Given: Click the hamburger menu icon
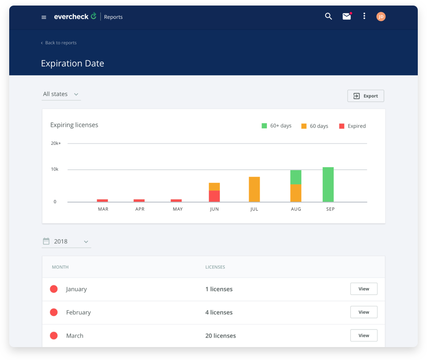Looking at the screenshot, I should (x=44, y=17).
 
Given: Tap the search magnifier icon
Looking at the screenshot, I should (x=328, y=17).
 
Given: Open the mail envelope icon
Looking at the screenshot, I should (x=347, y=17).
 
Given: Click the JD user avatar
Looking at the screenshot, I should (x=381, y=17).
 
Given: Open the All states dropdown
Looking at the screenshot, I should (x=61, y=94).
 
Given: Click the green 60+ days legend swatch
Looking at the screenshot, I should (x=264, y=126).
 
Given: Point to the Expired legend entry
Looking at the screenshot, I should (x=353, y=126).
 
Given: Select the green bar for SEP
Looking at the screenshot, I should (x=328, y=185).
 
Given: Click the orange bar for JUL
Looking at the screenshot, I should (x=254, y=189).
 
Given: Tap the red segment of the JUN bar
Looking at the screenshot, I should (x=214, y=196).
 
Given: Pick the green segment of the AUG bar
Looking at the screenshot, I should (x=296, y=177).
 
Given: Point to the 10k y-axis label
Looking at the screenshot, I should (x=54, y=169).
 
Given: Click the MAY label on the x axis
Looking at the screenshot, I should (x=178, y=209).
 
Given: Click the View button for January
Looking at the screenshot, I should (x=363, y=289).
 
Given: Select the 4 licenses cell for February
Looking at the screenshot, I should (x=219, y=312).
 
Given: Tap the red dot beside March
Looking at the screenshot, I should (x=54, y=336).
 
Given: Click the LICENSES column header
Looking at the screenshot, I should (x=215, y=267).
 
